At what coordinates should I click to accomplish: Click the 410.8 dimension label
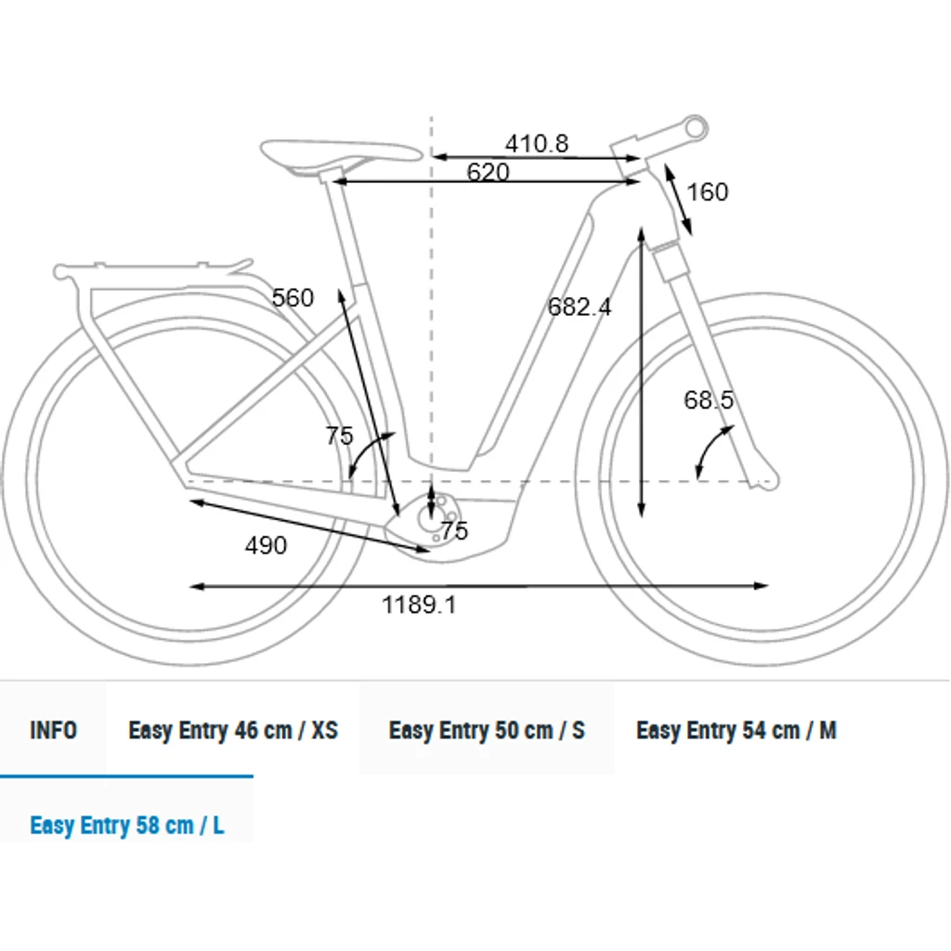537,144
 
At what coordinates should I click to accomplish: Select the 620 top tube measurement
488,172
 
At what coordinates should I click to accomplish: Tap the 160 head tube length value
707,192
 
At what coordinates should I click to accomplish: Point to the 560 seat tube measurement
293,298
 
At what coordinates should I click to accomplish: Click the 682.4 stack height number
580,306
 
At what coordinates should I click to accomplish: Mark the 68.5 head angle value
709,400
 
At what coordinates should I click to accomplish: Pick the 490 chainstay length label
266,546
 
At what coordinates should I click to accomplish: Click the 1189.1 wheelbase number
419,605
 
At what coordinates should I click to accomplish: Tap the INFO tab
53,730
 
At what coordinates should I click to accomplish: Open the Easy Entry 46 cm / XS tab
233,730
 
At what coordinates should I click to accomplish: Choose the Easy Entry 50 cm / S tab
487,730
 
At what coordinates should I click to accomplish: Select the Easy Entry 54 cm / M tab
736,730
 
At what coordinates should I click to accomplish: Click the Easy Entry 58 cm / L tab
126,826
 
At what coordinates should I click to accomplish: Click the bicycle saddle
340,153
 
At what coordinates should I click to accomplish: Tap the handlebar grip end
697,128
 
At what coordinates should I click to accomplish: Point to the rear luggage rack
151,272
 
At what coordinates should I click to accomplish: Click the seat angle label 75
339,436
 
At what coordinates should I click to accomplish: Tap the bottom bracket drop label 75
455,531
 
